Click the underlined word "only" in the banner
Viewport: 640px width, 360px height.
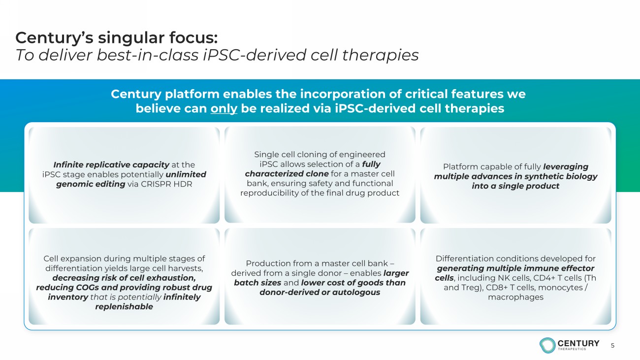[x=224, y=109]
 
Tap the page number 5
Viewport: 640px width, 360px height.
[x=612, y=346]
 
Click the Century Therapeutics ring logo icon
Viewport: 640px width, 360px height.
[x=547, y=345]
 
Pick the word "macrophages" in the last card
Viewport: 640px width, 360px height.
[x=515, y=297]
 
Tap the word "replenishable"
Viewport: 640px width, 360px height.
[x=124, y=307]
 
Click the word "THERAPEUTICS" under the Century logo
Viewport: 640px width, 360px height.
[x=572, y=349]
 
